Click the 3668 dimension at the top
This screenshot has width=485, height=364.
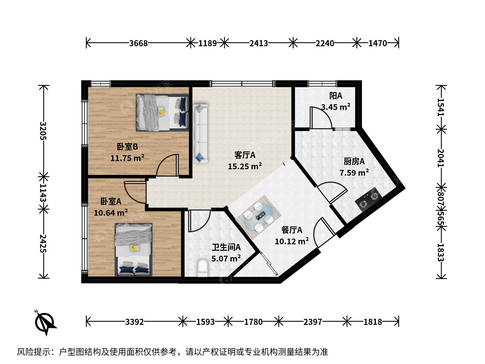click(138, 43)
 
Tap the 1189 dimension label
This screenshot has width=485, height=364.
click(207, 43)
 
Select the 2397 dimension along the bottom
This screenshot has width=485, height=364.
click(313, 322)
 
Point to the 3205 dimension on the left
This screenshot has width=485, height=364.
click(43, 131)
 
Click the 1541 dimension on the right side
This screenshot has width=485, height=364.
click(441, 107)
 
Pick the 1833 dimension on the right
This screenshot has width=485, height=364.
click(441, 252)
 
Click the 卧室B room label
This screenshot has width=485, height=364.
click(127, 147)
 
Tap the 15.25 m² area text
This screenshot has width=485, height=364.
click(245, 166)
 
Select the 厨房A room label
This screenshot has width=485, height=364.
click(354, 161)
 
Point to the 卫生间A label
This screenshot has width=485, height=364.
click(226, 247)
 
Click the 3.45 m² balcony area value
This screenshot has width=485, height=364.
click(336, 107)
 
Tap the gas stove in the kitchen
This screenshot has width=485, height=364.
click(368, 199)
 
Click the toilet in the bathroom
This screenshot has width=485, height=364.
click(203, 268)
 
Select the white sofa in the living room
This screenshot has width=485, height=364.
click(200, 134)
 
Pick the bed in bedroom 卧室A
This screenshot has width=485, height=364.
click(133, 250)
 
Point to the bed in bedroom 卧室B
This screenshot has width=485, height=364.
click(162, 113)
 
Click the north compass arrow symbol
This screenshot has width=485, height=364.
click(45, 323)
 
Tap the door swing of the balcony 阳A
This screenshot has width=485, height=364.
click(321, 118)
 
